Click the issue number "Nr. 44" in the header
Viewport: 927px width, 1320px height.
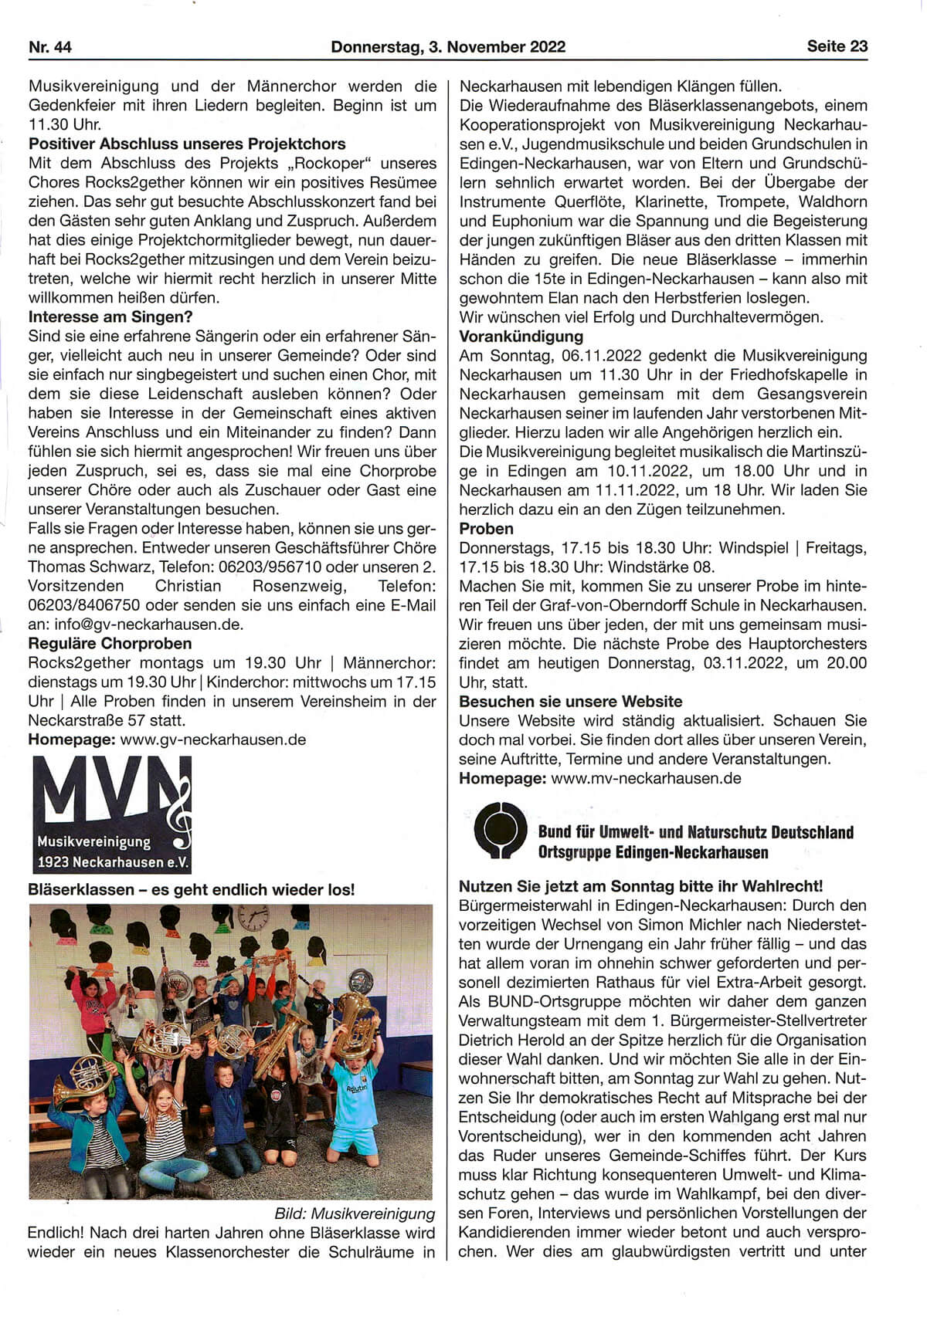pos(50,47)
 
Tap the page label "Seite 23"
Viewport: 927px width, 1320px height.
pos(837,46)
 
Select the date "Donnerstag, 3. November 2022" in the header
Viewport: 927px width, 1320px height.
pos(448,47)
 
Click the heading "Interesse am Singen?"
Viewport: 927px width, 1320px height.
pos(110,317)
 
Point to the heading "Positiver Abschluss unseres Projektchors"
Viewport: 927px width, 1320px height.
pos(187,144)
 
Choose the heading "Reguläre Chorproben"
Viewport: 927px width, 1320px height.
pos(110,644)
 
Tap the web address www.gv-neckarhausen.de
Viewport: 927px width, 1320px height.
pos(213,740)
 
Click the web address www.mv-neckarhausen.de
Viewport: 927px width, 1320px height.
pos(646,778)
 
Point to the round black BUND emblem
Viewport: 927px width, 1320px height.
pos(500,831)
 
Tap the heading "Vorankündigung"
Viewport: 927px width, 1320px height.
pos(521,337)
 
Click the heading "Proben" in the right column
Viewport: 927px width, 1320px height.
pos(486,529)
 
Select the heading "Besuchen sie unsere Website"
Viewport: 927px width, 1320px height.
pos(570,702)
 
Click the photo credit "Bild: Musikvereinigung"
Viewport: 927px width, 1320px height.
pos(355,1213)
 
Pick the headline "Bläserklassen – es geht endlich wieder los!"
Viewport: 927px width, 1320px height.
pos(192,889)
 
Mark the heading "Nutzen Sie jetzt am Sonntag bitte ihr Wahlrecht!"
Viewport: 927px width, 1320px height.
pos(640,886)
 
